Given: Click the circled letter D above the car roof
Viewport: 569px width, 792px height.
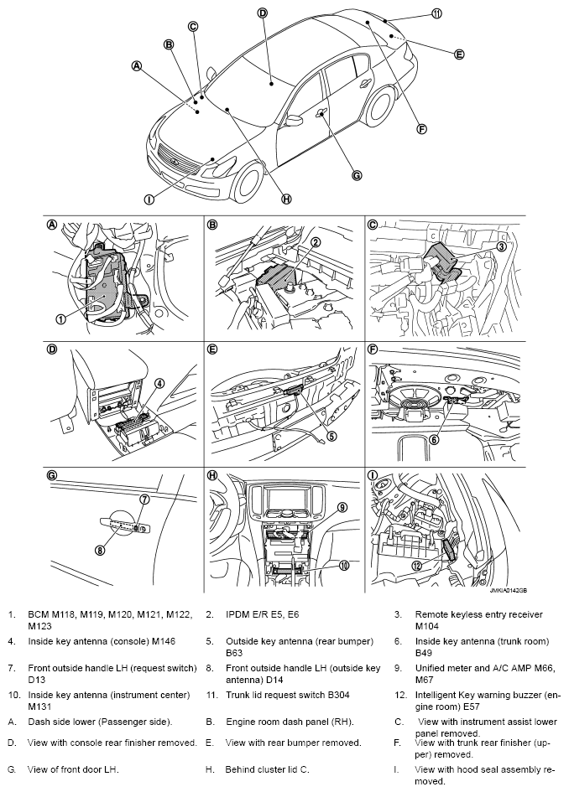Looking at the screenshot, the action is tap(263, 13).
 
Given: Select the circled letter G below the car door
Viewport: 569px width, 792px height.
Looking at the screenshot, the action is tap(357, 175).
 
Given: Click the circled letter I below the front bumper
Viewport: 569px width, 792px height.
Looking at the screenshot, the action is tap(149, 199).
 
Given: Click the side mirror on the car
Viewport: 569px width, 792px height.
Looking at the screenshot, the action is tap(294, 120).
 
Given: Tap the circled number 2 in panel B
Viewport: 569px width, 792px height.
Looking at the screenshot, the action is tap(315, 242).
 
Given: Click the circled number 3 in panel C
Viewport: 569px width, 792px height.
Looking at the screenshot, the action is tap(501, 246).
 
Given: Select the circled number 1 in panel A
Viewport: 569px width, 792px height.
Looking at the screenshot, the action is tap(60, 319).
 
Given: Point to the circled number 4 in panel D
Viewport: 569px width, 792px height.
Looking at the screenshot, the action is tap(159, 383).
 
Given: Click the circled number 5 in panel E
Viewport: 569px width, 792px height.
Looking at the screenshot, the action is tap(331, 436).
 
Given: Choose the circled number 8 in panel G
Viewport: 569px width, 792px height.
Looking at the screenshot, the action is tap(100, 551).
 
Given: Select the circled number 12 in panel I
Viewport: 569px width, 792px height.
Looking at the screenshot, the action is tap(417, 566).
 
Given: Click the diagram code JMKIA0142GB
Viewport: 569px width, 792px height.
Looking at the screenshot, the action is tap(508, 590).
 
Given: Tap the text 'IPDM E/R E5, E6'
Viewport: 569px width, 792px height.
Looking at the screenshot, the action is tap(263, 614).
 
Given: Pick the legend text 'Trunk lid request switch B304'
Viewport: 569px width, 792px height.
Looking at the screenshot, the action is tap(288, 695).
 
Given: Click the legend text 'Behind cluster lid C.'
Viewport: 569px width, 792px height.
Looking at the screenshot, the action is tap(267, 769).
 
